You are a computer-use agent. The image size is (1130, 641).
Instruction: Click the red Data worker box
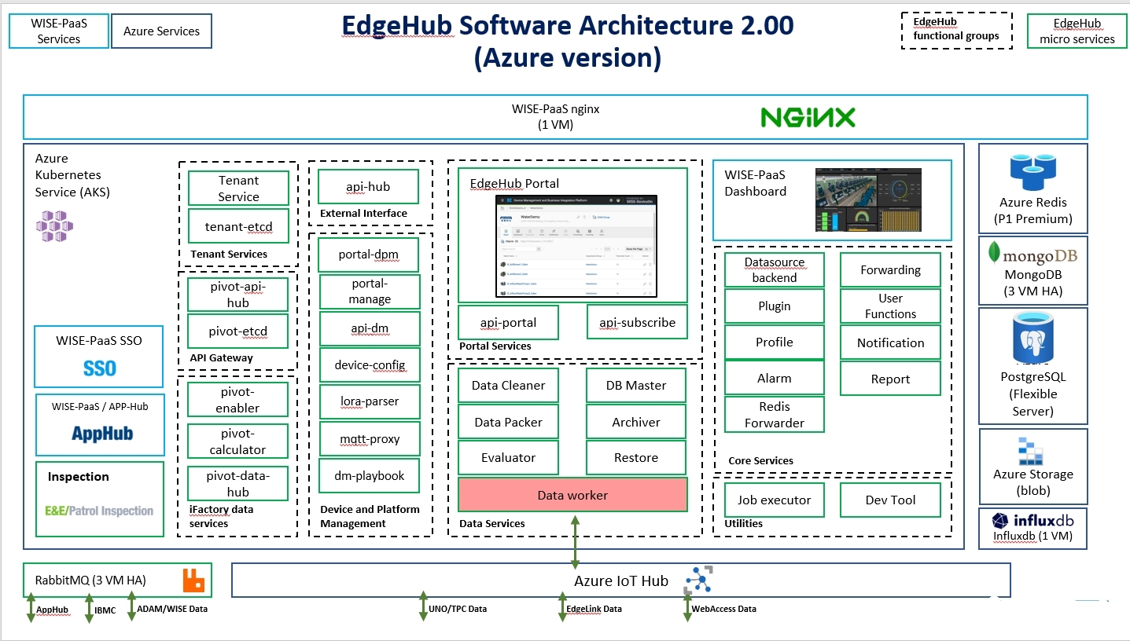(572, 495)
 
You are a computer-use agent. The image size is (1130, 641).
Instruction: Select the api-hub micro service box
(368, 187)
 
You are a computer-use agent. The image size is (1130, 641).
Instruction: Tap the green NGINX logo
(808, 118)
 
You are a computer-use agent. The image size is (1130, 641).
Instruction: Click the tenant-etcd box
(238, 226)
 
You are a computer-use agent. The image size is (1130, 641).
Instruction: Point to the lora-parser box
(369, 401)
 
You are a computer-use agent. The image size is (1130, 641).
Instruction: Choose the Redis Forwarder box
(774, 415)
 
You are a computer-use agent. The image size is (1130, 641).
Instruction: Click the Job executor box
(774, 500)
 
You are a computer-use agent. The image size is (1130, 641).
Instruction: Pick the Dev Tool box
(890, 500)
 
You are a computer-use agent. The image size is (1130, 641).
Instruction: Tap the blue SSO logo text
(100, 368)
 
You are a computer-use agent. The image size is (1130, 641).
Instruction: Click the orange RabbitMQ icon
(193, 581)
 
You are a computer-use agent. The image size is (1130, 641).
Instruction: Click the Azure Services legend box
(161, 31)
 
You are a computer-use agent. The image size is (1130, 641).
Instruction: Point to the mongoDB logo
(1032, 255)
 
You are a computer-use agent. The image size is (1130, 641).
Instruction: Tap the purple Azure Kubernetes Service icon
(54, 225)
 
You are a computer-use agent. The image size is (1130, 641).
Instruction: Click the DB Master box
(635, 386)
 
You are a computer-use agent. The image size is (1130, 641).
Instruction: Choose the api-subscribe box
(636, 322)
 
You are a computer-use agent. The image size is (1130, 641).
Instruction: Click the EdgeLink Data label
(594, 609)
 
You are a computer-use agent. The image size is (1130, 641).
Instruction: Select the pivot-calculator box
(237, 441)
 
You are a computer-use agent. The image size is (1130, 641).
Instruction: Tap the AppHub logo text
(102, 433)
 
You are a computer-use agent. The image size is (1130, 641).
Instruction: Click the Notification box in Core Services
(890, 342)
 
